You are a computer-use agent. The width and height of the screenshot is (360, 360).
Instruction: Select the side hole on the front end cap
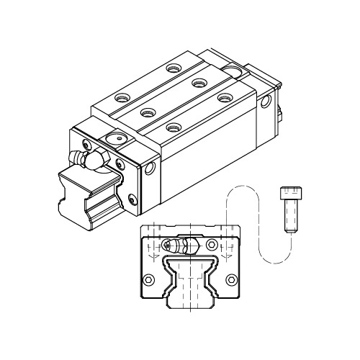click(150, 170)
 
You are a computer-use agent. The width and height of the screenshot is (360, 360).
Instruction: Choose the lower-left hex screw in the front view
click(149, 278)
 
